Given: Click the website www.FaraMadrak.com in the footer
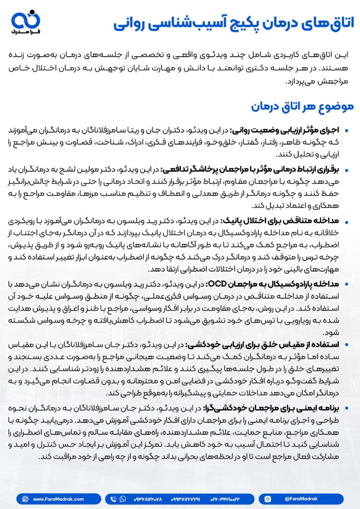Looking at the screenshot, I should point(59,499).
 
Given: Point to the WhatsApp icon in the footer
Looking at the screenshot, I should point(122,499).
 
